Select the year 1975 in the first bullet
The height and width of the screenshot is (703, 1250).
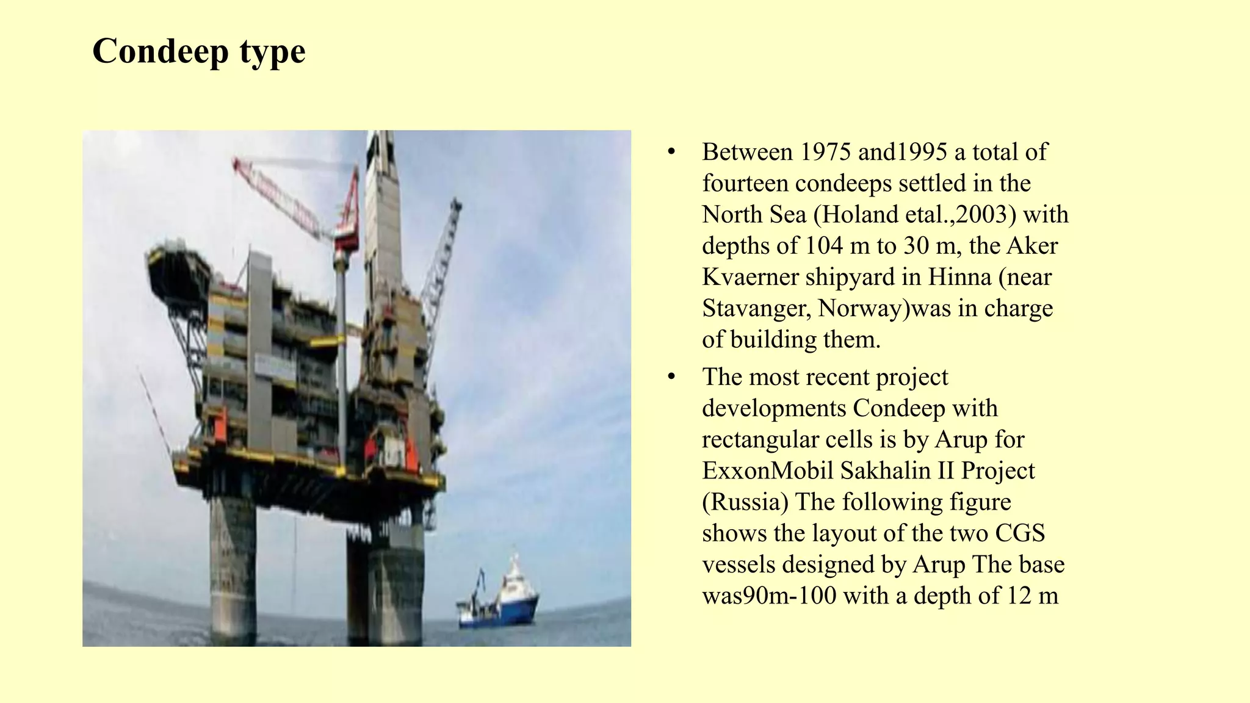click(x=825, y=152)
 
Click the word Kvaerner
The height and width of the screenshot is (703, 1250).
click(x=750, y=277)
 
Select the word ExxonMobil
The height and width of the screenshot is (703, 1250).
click(x=767, y=470)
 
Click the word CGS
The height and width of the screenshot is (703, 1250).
click(x=1021, y=533)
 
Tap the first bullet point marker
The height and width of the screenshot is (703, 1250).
click(x=672, y=152)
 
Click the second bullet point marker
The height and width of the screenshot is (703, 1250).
click(x=672, y=377)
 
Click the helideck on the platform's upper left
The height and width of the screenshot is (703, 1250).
click(x=177, y=262)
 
